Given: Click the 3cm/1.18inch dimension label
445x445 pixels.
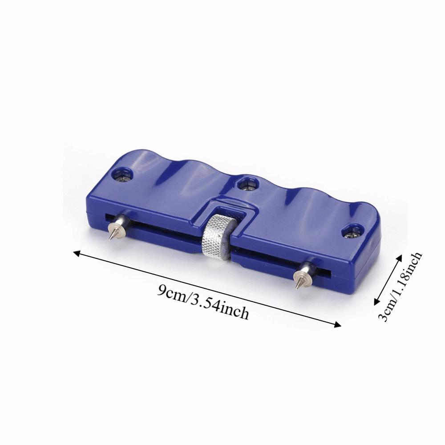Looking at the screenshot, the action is pyautogui.click(x=400, y=287).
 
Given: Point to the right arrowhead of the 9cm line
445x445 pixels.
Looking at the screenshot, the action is pyautogui.click(x=338, y=325).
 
